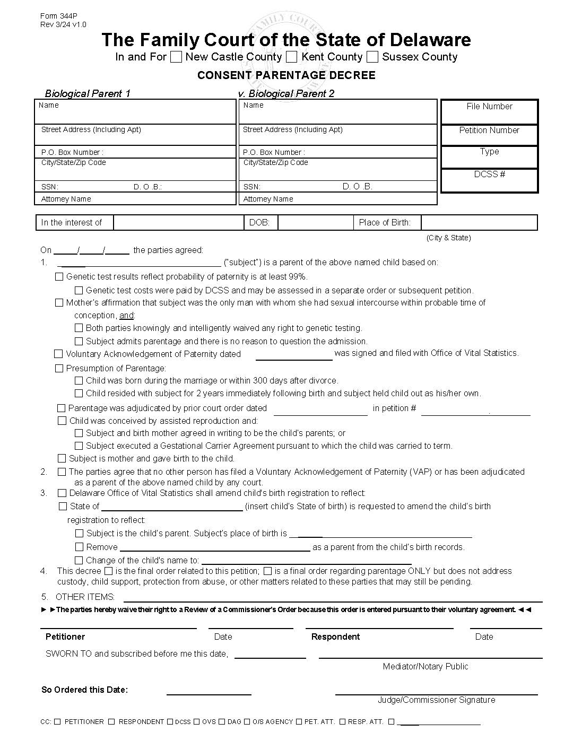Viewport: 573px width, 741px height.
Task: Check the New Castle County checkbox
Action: point(176,57)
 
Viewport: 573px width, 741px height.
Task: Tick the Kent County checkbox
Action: point(292,57)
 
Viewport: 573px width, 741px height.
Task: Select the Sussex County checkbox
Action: point(372,57)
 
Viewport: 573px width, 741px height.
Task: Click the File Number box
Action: point(489,112)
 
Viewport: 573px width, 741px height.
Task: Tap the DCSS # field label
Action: point(489,174)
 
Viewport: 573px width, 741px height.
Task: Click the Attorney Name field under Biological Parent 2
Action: point(338,199)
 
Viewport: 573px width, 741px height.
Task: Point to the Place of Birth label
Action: point(385,223)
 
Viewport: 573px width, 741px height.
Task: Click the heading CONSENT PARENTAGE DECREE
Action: point(286,75)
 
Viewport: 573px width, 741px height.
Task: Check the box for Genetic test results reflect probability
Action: point(59,276)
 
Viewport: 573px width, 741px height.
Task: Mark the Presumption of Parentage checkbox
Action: point(59,368)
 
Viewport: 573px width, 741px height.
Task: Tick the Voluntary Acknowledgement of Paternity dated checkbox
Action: point(59,354)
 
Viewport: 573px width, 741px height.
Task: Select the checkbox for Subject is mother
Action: point(62,458)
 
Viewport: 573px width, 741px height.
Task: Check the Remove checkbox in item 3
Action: point(79,547)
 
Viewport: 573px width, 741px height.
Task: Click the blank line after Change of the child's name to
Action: point(306,560)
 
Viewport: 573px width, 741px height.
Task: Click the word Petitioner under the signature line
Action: point(65,637)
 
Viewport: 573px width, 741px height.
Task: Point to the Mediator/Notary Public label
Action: point(426,666)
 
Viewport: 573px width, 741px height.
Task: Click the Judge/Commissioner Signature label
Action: point(436,700)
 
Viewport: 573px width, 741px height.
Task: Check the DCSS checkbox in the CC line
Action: point(170,721)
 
